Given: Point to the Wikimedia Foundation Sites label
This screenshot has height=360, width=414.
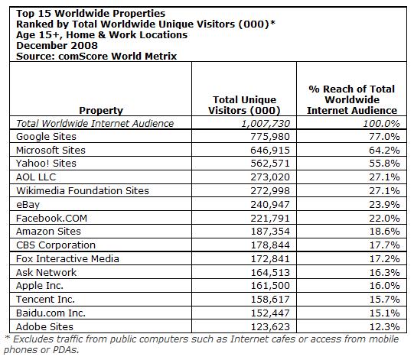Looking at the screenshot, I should point(82,190).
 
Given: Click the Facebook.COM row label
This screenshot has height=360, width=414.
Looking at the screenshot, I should point(51,218).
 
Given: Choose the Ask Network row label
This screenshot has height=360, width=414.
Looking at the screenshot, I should point(46,273).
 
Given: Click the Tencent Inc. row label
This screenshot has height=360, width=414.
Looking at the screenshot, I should point(45,300).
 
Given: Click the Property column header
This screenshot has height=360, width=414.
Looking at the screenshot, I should point(100,110).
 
